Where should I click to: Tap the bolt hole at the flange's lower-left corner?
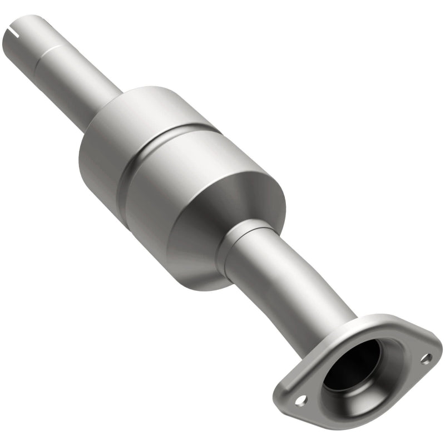(300, 399)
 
